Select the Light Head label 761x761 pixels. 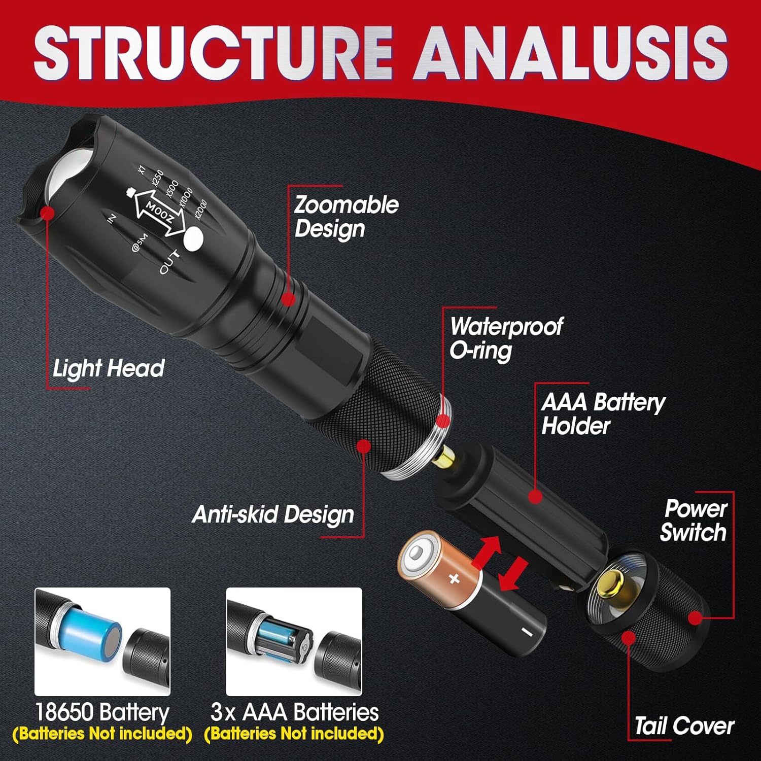pyautogui.click(x=109, y=368)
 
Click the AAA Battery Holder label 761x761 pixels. pyautogui.click(x=603, y=413)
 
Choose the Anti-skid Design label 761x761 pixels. pyautogui.click(x=273, y=514)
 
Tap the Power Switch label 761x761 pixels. pyautogui.click(x=694, y=521)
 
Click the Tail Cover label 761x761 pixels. pyautogui.click(x=684, y=726)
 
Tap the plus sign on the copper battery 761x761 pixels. pyautogui.click(x=454, y=578)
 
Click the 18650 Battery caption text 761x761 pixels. pyautogui.click(x=101, y=712)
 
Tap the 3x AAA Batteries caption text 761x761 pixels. pyautogui.click(x=294, y=712)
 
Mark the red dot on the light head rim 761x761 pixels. pyautogui.click(x=48, y=213)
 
